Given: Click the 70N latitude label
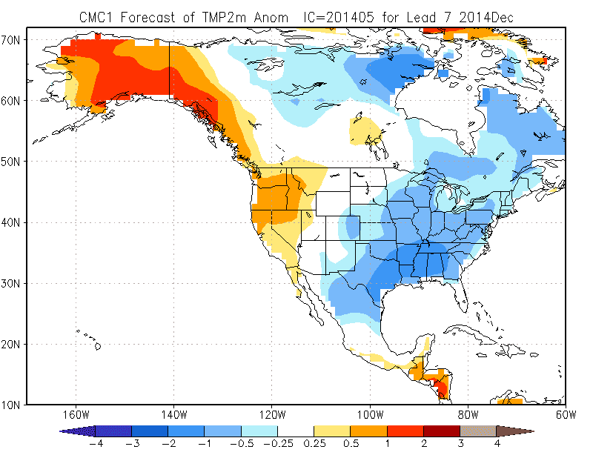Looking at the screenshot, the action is point(10,40).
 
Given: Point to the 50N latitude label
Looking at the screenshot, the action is point(10,162).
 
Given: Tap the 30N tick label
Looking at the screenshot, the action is point(10,283).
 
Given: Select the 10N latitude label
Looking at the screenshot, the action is point(10,405).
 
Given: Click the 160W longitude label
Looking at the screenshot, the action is point(76,415).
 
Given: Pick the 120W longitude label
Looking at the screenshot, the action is point(272,415).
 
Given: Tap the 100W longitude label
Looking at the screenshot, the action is point(370,415).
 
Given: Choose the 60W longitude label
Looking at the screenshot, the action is point(566,415).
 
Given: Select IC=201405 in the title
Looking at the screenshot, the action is point(339,17).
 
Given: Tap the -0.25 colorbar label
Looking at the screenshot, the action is point(278,443).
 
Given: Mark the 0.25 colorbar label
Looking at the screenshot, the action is point(314,443).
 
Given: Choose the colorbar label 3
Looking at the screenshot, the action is point(460,443).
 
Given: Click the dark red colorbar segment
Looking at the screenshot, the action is point(442,431).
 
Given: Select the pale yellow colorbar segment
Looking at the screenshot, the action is point(332,431).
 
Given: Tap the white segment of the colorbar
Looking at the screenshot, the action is point(296,431).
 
